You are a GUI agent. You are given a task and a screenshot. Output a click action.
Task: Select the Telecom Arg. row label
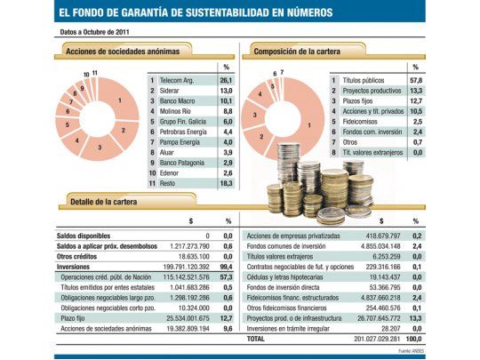click(178, 80)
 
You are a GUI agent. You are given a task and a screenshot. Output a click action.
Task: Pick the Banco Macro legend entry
click(178, 100)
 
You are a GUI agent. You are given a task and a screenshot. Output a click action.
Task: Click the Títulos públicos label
click(366, 80)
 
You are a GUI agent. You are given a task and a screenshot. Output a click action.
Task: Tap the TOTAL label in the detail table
click(256, 339)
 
